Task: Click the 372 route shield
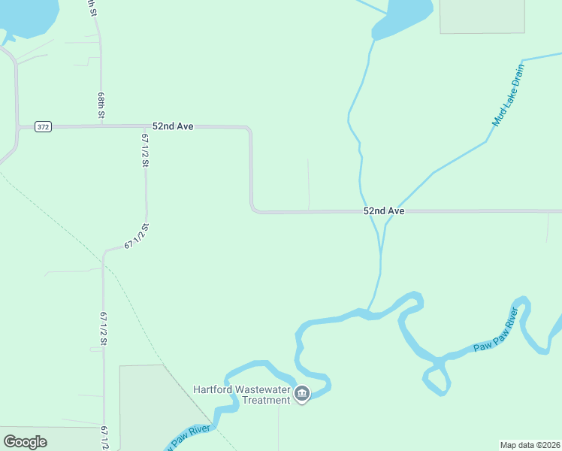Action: pos(43,127)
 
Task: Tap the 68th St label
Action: pos(101,106)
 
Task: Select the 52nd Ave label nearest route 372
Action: pos(173,126)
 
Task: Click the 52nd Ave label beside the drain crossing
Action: pos(384,211)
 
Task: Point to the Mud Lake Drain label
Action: pos(507,95)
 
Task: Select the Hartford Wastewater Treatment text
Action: pos(241,395)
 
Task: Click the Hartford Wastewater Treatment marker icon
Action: pos(302,394)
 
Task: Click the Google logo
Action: pos(25,441)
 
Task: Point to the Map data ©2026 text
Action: pos(530,444)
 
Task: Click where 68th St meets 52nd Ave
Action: pos(101,126)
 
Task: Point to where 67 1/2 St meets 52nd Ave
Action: pos(145,126)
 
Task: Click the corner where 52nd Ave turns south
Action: pos(250,130)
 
